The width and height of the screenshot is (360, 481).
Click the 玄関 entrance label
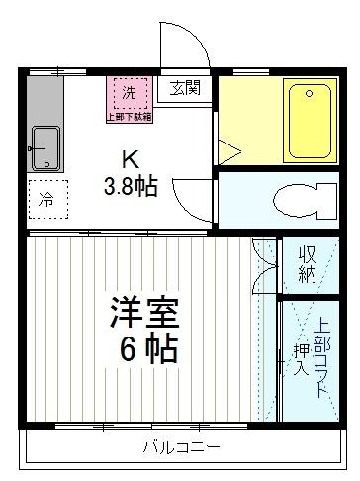pos(185,88)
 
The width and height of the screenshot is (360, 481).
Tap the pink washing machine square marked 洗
pos(129,92)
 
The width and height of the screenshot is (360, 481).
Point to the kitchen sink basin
pos(45,147)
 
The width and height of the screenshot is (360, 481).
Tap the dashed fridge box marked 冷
pos(45,198)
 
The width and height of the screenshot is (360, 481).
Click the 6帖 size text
pos(144,351)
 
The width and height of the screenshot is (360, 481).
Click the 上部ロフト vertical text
pos(322,356)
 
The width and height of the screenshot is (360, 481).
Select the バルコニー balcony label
pos(180,448)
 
